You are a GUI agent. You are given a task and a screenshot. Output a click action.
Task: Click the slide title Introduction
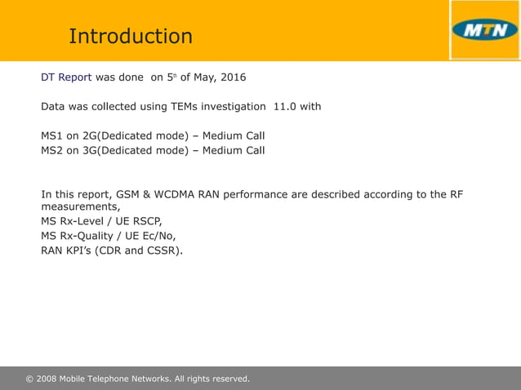pyautogui.click(x=131, y=37)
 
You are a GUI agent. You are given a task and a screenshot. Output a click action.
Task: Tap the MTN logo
pyautogui.click(x=484, y=30)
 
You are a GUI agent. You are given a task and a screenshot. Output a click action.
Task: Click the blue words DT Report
pyautogui.click(x=66, y=78)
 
